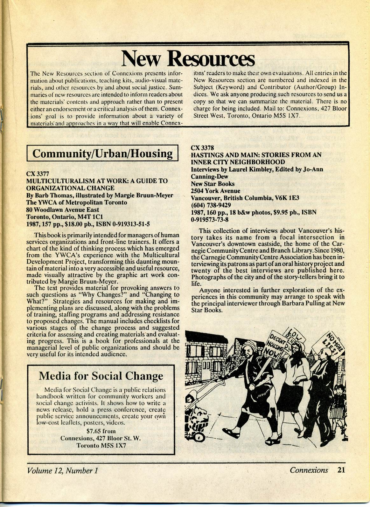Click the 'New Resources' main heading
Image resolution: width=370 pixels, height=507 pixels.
point(188,58)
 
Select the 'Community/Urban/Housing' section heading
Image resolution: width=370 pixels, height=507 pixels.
point(102,154)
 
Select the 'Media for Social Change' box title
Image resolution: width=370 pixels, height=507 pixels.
point(101,376)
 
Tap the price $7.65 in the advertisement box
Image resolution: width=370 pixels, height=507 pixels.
point(94,431)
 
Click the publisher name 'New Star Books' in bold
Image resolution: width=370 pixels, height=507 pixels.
point(213,184)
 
